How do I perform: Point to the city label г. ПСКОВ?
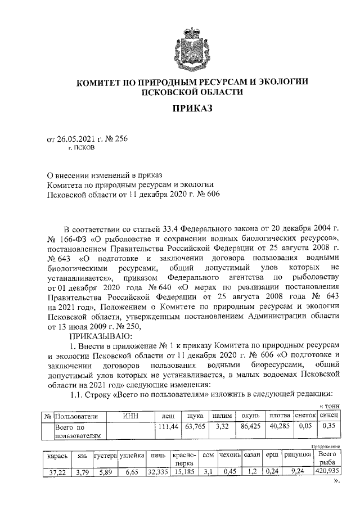pyautogui.click(x=82, y=150)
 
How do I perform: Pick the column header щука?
pyautogui.click(x=195, y=416)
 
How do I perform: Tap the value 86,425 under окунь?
pyautogui.click(x=253, y=427)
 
